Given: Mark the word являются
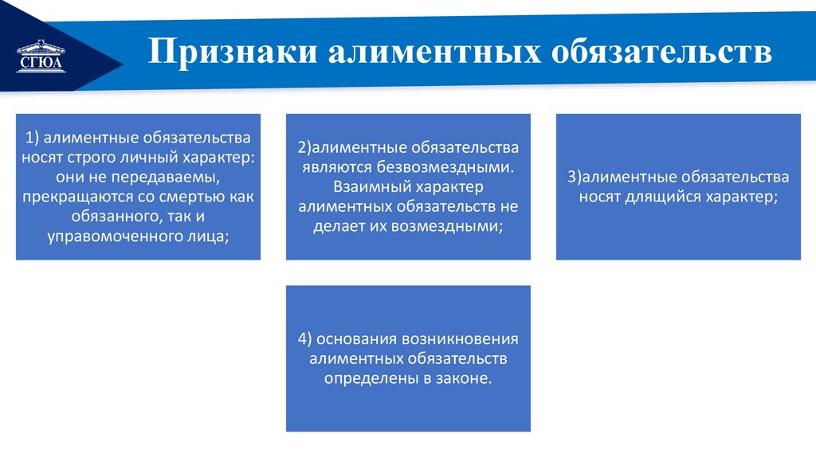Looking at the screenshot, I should pos(335,167).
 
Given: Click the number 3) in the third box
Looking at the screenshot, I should pos(574,177).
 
